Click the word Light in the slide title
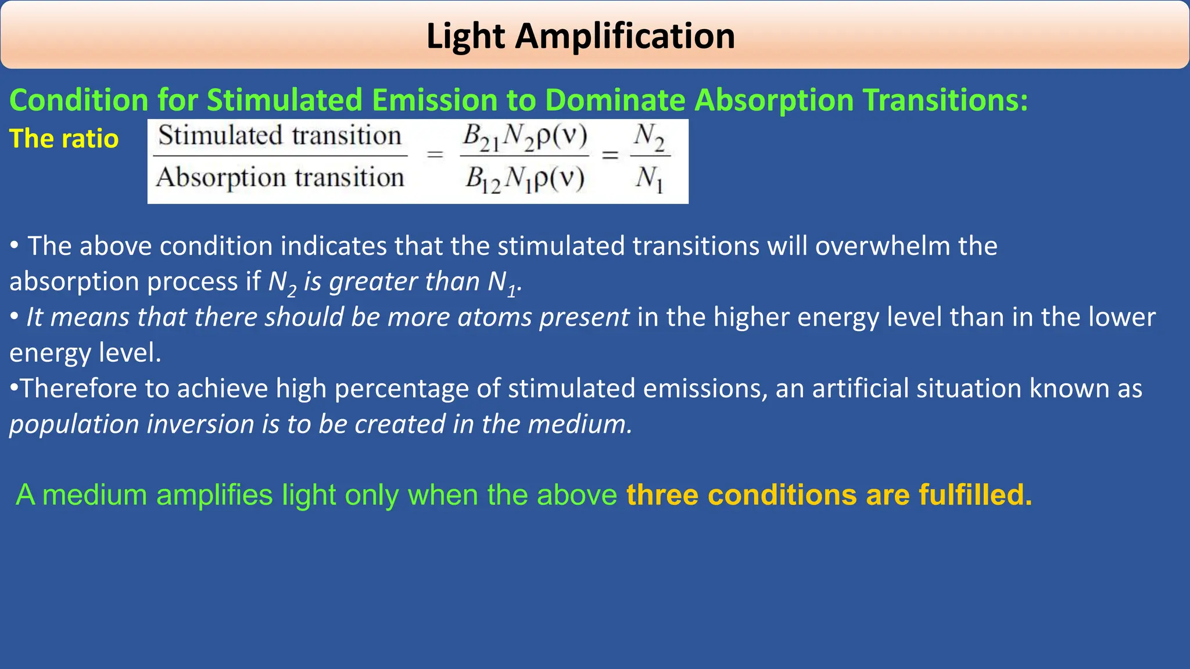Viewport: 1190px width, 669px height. [465, 36]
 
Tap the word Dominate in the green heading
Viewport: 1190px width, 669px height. [615, 100]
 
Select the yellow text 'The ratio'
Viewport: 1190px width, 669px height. [64, 139]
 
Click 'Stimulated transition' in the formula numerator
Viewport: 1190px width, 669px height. [279, 136]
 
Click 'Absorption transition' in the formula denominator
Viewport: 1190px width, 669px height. [279, 177]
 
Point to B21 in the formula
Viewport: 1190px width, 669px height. [481, 138]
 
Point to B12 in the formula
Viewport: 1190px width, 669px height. [482, 179]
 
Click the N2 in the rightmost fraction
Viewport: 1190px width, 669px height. [649, 137]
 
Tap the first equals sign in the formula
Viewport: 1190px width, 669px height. [435, 155]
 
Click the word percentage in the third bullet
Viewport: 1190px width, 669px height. [402, 389]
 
